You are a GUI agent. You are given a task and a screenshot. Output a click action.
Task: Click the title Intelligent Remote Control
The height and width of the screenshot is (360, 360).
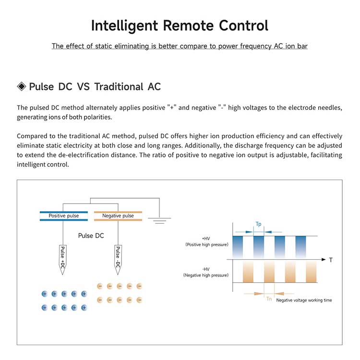click(x=180, y=25)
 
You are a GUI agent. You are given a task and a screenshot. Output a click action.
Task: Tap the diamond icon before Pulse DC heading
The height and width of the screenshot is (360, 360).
click(x=22, y=86)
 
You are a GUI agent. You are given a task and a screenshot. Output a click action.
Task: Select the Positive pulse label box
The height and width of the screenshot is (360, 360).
click(x=64, y=216)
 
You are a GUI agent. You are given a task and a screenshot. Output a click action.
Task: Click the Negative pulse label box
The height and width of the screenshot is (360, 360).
click(x=118, y=216)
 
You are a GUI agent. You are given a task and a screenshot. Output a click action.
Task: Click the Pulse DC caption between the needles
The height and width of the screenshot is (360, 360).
click(x=91, y=236)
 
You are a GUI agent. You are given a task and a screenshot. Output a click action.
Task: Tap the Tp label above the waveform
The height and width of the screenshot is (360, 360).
click(x=258, y=224)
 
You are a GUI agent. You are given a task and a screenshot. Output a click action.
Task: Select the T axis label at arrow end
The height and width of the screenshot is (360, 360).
click(x=331, y=260)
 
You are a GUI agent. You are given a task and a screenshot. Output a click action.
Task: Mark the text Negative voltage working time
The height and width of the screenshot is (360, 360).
click(x=304, y=300)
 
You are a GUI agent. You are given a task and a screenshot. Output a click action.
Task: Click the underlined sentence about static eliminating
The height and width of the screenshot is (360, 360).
click(x=180, y=47)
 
